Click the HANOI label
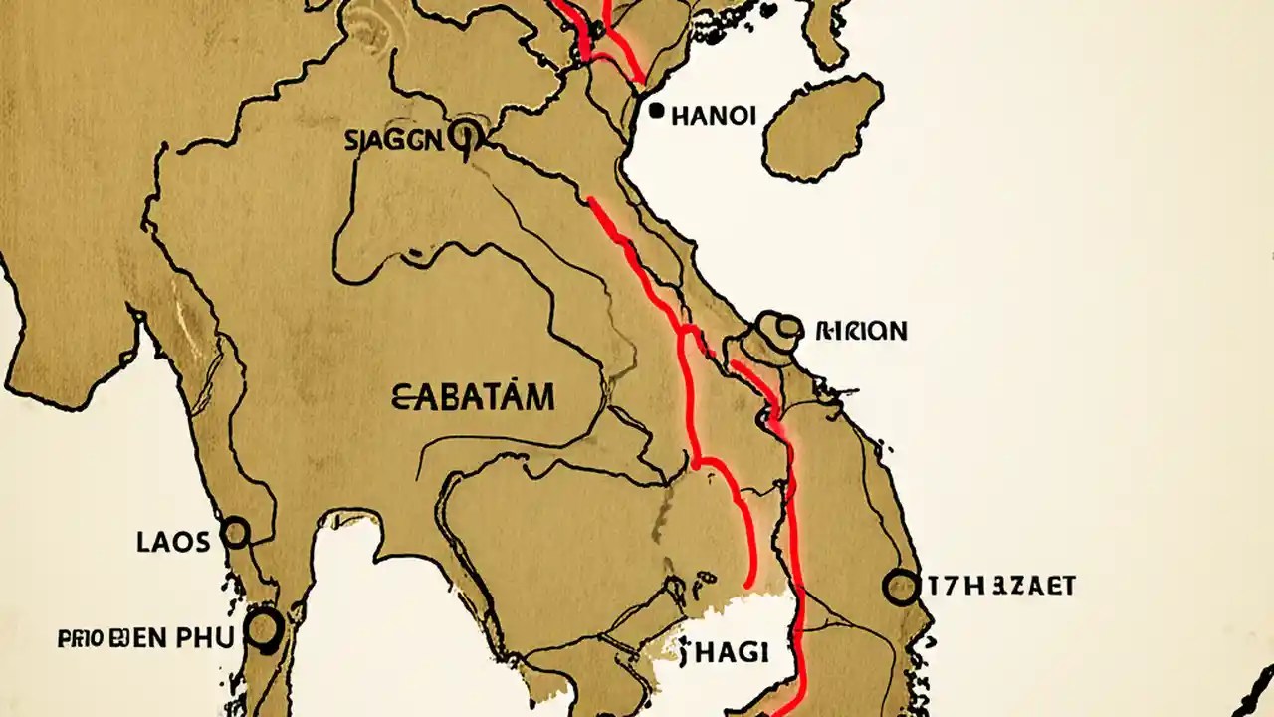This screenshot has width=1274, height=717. (x=714, y=116)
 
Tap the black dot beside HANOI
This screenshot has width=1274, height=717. (x=656, y=112)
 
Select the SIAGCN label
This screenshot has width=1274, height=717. (x=393, y=140)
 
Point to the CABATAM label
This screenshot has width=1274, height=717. (x=474, y=399)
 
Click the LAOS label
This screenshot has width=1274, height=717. (x=173, y=542)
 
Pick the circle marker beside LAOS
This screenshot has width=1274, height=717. (x=236, y=533)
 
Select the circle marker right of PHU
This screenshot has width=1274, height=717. (x=264, y=627)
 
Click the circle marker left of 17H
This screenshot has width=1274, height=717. (x=901, y=588)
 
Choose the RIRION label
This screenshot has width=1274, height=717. (x=861, y=331)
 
